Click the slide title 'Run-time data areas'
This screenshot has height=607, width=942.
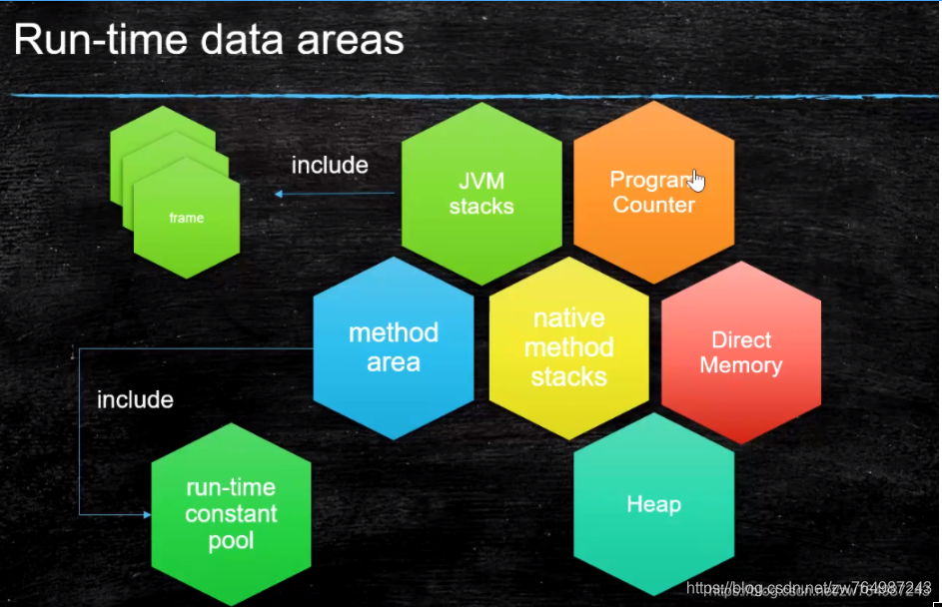click(208, 41)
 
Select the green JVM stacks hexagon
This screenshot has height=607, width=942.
click(480, 193)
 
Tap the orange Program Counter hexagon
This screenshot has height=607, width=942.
click(653, 193)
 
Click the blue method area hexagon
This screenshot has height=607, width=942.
click(393, 347)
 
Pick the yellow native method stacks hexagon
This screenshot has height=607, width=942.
click(568, 347)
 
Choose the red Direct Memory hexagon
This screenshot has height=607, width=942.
click(740, 352)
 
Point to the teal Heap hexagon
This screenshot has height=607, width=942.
click(653, 504)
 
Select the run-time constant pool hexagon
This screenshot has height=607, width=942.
click(231, 514)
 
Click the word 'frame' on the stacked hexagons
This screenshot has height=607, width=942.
click(186, 218)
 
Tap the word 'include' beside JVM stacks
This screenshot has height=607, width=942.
click(330, 165)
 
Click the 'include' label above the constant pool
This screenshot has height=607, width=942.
click(135, 400)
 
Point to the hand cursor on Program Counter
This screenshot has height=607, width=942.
click(696, 180)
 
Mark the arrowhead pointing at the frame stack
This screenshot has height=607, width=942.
click(281, 196)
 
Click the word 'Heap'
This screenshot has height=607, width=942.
click(653, 504)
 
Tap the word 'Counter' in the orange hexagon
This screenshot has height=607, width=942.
click(653, 205)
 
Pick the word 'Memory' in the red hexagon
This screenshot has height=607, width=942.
click(740, 365)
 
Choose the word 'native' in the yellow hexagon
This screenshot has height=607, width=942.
click(568, 318)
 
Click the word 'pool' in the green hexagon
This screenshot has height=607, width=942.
click(231, 541)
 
